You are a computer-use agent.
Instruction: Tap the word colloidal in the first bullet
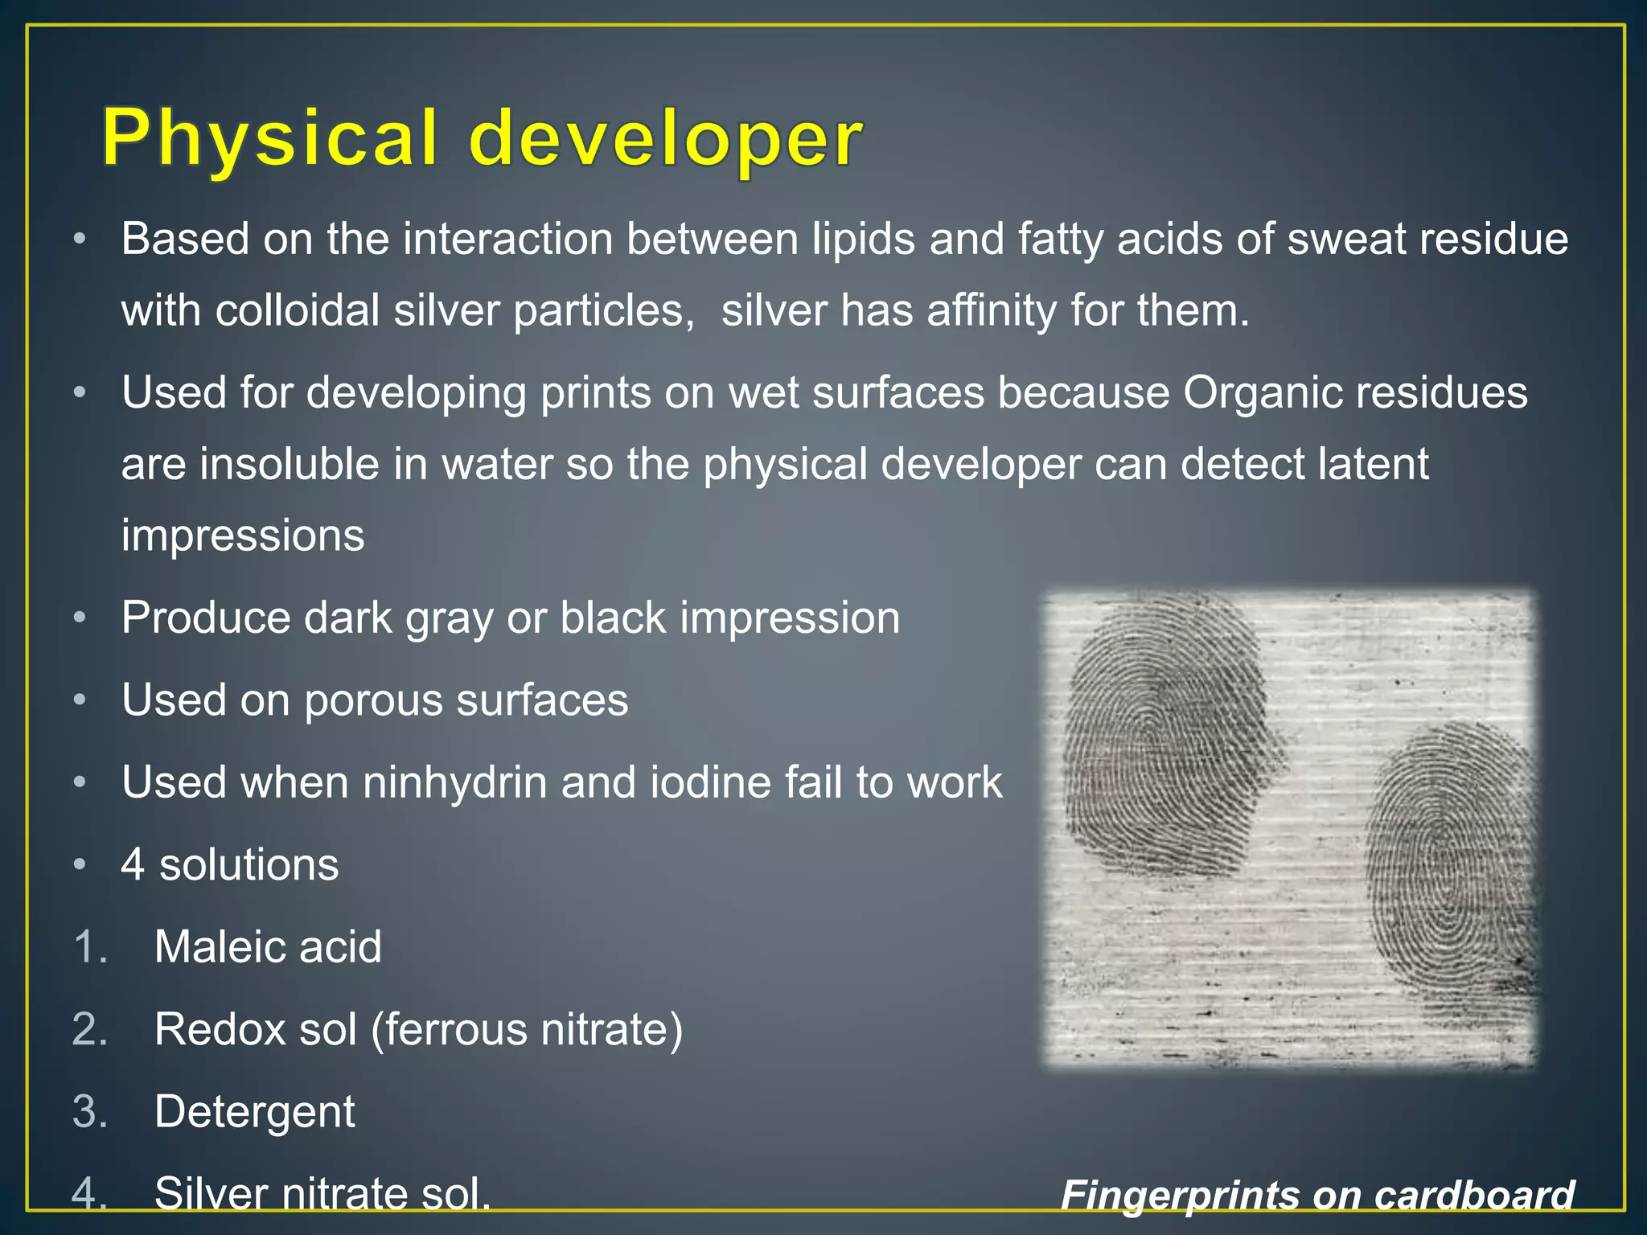point(297,310)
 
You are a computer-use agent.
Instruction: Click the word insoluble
point(290,464)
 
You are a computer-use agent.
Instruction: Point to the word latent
point(1373,464)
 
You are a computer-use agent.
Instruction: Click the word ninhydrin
point(454,782)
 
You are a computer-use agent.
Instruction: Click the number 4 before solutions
point(133,865)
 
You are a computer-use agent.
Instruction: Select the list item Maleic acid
point(268,947)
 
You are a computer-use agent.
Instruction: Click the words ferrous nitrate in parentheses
point(527,1029)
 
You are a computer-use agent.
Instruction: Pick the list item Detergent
point(254,1111)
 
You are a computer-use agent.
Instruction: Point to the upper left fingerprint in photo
point(1166,740)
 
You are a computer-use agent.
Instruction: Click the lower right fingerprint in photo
point(1448,868)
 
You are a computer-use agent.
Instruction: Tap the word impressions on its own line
point(243,535)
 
